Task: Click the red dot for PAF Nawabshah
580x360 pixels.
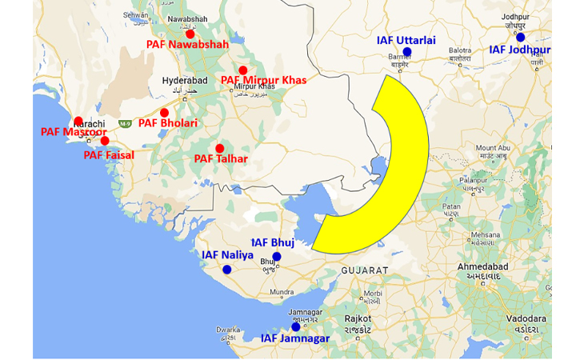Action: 190,34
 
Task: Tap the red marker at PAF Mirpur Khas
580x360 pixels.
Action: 243,70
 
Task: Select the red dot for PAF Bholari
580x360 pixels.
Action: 165,113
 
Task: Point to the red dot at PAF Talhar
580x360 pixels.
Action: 220,148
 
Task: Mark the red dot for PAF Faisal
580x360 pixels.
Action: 105,141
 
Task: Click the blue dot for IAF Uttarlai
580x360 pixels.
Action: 407,52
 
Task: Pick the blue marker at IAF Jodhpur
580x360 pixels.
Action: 521,37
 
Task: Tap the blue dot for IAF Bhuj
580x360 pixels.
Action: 277,257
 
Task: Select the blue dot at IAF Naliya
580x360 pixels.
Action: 227,270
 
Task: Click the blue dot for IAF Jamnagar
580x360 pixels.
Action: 296,326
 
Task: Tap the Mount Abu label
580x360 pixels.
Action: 494,148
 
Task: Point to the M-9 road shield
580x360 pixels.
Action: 125,124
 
